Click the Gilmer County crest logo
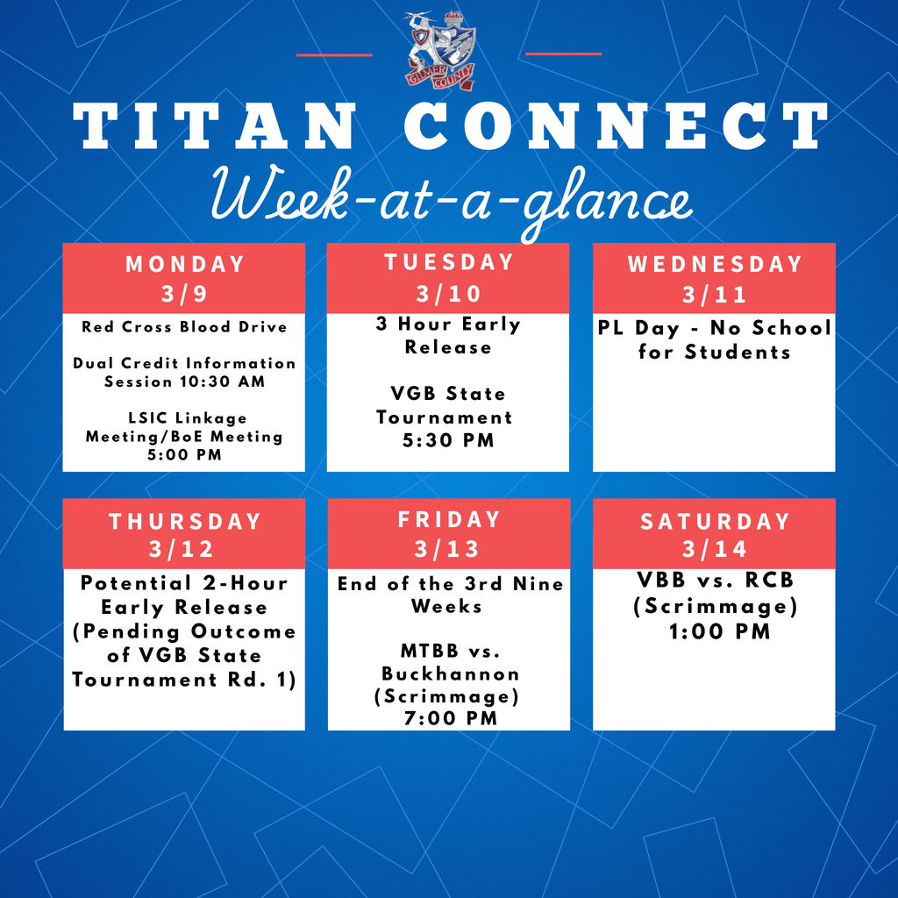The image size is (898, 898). click(x=441, y=50)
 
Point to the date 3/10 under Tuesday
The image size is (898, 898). click(x=448, y=294)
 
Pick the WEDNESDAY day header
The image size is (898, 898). click(x=715, y=264)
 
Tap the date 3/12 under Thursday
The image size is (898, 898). click(x=182, y=549)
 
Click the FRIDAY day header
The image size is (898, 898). click(x=450, y=519)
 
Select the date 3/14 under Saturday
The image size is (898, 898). click(x=715, y=549)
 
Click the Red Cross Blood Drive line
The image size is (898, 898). click(x=184, y=326)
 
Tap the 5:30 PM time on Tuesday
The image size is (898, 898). click(x=448, y=440)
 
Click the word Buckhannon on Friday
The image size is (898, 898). click(x=450, y=673)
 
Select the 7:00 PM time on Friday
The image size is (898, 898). click(x=451, y=718)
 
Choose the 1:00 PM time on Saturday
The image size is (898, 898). click(x=720, y=631)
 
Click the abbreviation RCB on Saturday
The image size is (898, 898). click(x=769, y=581)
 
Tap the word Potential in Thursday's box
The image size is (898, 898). click(x=136, y=583)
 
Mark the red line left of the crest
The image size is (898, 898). click(x=334, y=55)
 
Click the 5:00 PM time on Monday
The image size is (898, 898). click(x=184, y=455)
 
